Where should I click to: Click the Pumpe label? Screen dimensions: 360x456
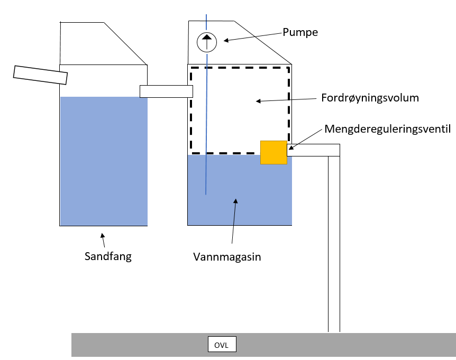point(300,32)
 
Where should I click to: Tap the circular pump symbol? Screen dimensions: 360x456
point(206,42)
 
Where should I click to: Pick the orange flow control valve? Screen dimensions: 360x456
point(273,152)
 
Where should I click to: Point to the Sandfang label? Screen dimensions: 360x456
point(108,256)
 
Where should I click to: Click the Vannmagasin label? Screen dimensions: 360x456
point(227,257)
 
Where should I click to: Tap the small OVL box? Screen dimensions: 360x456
point(222,345)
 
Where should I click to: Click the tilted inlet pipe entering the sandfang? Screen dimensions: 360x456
point(41,75)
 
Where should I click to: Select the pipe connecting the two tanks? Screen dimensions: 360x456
point(166,91)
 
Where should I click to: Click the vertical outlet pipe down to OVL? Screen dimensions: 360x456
point(333,243)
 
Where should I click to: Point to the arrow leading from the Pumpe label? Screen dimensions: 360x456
point(252,36)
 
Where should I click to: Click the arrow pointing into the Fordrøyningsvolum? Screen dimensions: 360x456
point(286,99)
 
